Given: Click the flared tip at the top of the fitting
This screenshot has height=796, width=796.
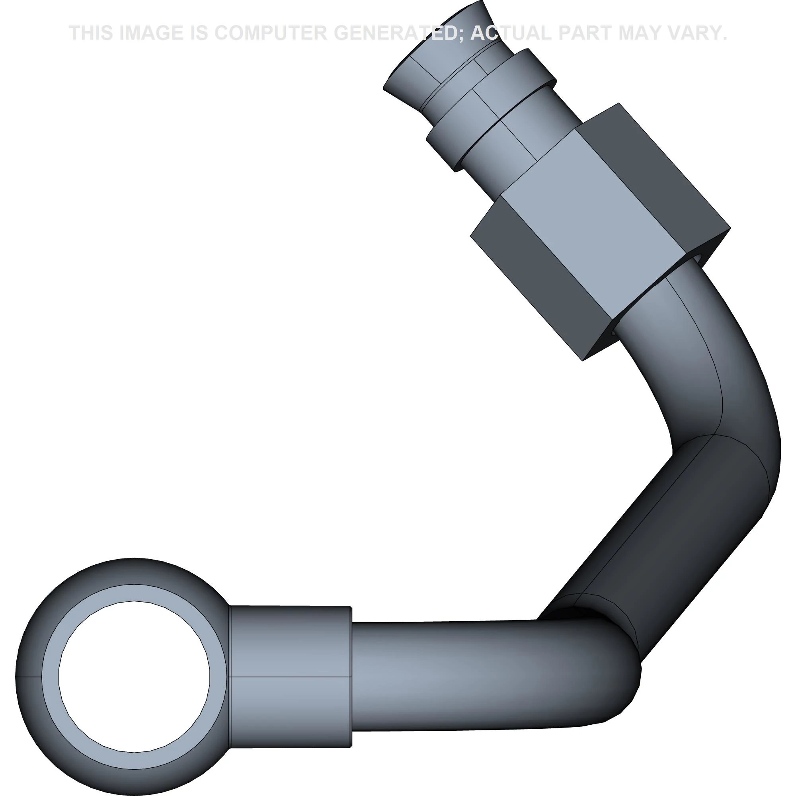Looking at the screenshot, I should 437,54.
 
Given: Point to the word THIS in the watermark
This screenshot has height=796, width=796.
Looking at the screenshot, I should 91,33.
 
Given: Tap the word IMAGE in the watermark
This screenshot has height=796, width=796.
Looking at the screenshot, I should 150,33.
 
